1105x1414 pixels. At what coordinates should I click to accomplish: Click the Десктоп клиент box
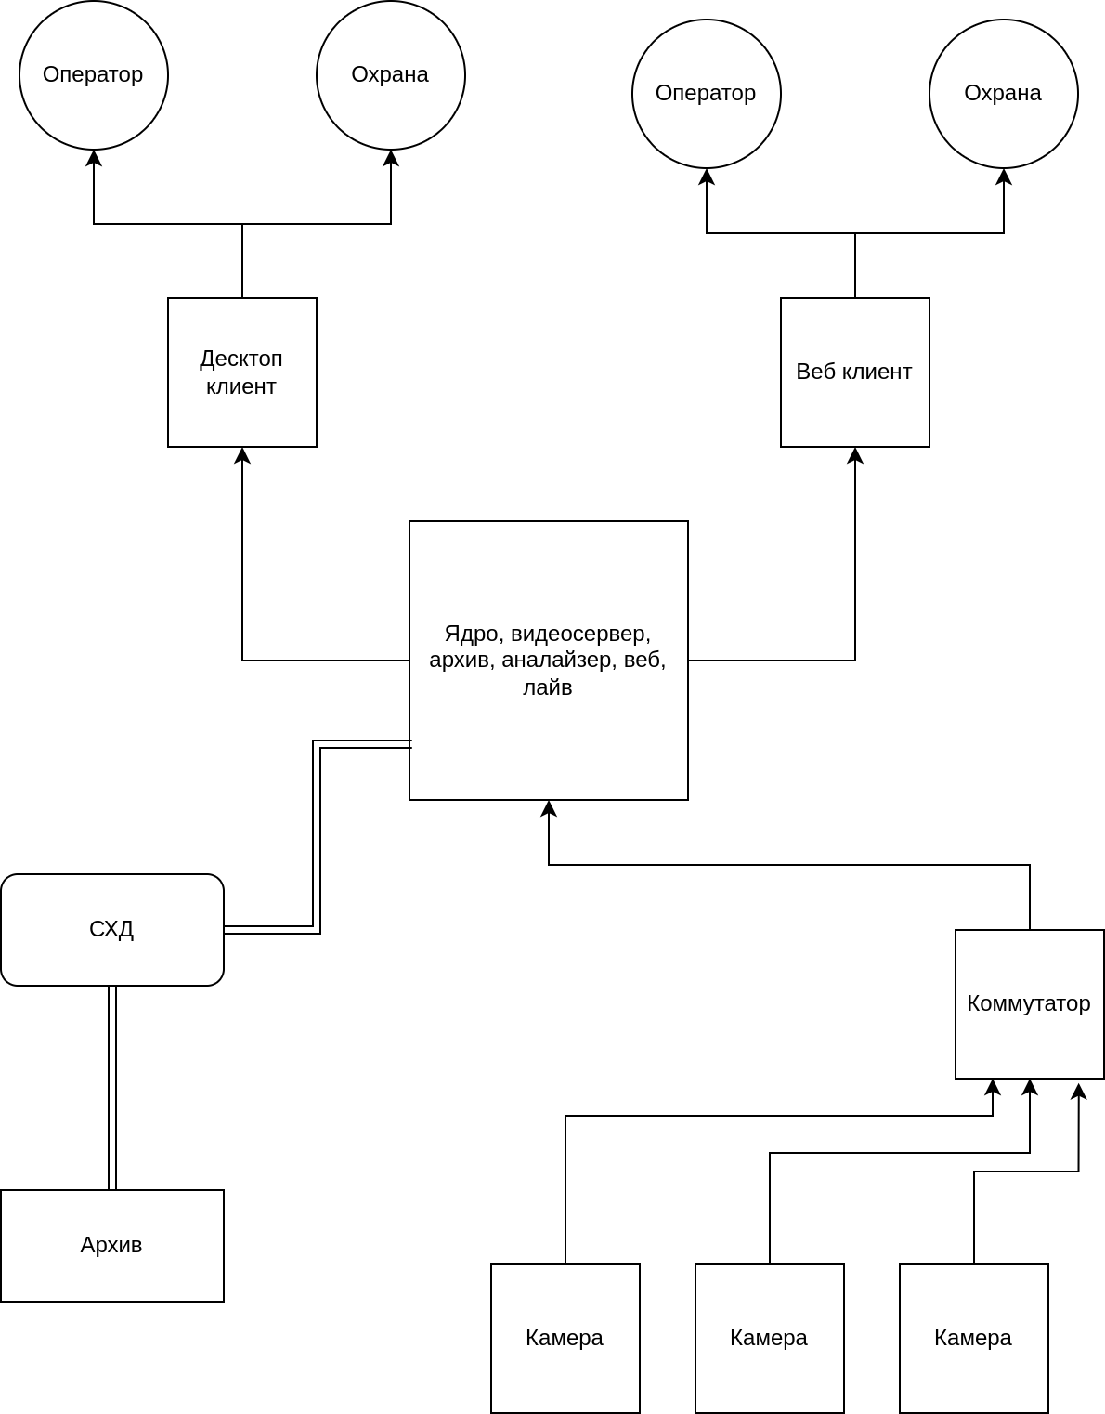pos(242,373)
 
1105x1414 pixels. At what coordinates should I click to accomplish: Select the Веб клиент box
pos(855,373)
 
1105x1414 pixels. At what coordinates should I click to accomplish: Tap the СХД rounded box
pos(112,929)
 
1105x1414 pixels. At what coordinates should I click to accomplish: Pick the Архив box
pos(112,1245)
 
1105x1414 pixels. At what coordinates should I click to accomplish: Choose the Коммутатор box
pos(1029,1003)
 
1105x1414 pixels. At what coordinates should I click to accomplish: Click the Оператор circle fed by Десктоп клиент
pos(94,75)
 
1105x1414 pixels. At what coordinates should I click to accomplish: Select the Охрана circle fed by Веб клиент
pos(1004,94)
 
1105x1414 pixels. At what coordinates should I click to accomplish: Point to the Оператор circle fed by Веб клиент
pos(707,94)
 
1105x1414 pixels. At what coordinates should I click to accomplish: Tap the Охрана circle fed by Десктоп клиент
pos(391,75)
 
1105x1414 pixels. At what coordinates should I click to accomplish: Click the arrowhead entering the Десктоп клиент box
pos(242,454)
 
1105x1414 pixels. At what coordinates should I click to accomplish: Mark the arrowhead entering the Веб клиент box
pos(855,454)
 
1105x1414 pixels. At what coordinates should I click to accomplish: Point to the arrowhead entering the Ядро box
pos(549,807)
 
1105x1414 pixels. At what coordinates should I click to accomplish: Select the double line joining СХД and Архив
pos(112,1087)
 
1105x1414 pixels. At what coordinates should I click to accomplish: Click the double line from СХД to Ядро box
pos(317,836)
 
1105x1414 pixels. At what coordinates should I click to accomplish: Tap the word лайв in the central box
pos(547,687)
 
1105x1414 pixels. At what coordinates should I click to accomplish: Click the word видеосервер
pos(581,634)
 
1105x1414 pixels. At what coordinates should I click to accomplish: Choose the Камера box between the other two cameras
pos(769,1338)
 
